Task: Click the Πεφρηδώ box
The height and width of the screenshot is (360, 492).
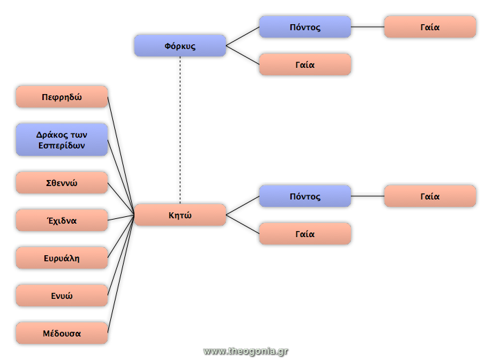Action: coord(62,97)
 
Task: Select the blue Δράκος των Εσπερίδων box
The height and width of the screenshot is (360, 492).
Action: coord(62,140)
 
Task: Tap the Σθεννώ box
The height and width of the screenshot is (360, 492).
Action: coord(62,183)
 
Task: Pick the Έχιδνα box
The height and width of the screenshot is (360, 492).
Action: coord(62,220)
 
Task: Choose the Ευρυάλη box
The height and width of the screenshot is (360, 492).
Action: coord(62,258)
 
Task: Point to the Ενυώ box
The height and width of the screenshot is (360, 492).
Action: coord(62,296)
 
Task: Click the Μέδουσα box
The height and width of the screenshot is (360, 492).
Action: coord(62,333)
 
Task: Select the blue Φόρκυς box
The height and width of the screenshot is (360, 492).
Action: coord(180,46)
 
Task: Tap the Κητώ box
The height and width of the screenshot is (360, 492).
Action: coord(180,215)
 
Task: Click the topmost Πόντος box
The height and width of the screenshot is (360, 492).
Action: coord(305,27)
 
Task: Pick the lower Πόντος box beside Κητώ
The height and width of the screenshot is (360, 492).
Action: coord(305,196)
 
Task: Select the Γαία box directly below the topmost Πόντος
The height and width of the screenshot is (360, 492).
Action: coord(305,64)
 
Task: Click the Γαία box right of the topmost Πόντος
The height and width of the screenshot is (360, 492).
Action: coord(430,27)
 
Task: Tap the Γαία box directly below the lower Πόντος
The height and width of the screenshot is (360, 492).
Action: coord(305,234)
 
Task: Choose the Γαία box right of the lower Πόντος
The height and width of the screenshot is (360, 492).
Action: coord(430,196)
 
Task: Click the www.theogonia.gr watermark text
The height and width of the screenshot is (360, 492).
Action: coord(245,351)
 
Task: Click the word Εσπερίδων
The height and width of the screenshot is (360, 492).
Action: coord(62,145)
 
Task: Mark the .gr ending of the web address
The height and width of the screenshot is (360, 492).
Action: coord(282,351)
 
